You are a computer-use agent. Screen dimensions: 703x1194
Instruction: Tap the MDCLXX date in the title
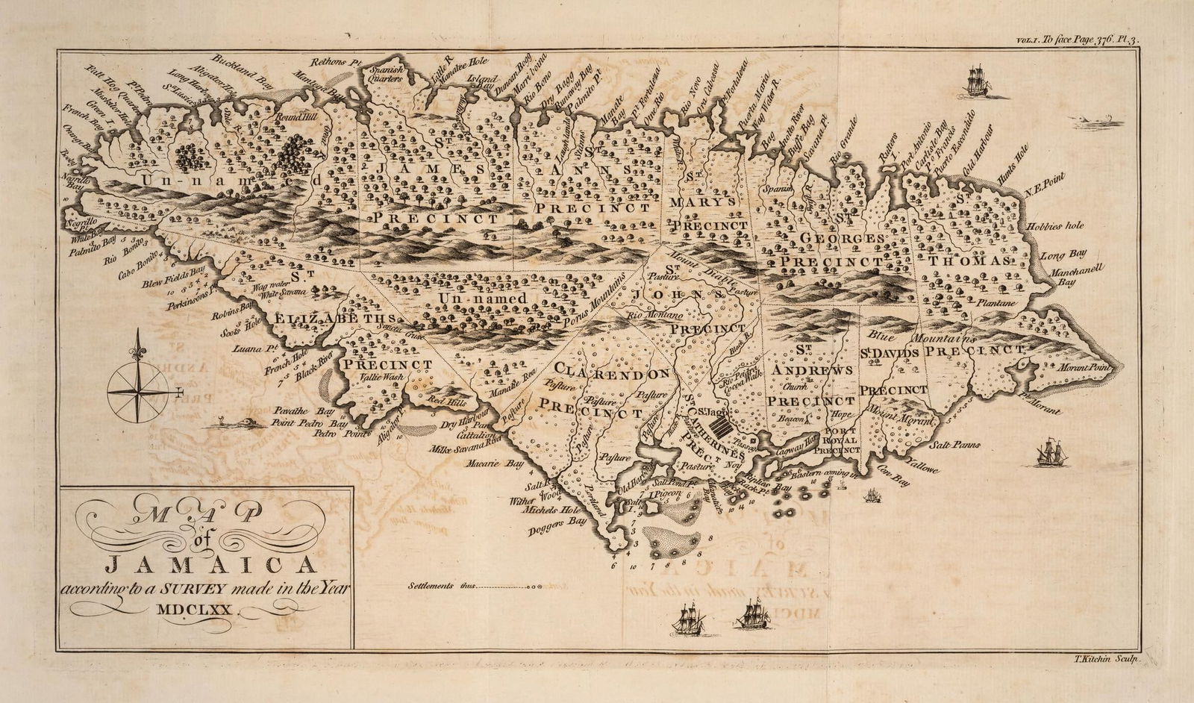point(198,610)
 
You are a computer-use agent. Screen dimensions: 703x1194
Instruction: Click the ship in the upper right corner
point(977,80)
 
